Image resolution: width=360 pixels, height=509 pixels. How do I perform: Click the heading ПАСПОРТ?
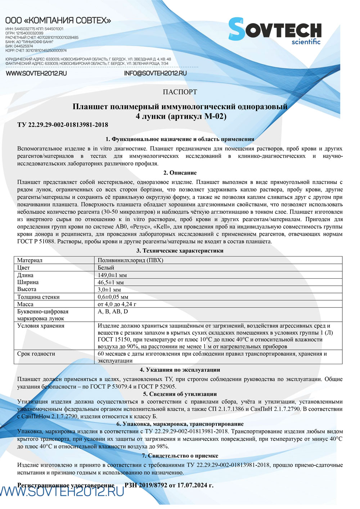click(x=180, y=92)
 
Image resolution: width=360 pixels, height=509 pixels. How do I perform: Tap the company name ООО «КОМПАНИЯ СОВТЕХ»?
click(x=58, y=21)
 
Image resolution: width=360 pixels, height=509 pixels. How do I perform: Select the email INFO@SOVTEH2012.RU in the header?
click(x=155, y=73)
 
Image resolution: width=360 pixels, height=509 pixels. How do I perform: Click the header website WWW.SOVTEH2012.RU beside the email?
click(x=36, y=73)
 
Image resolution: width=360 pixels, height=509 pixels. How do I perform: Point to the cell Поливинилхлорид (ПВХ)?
click(x=130, y=260)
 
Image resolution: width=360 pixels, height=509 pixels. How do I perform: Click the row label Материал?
click(x=30, y=260)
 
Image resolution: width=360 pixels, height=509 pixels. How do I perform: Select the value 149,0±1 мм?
click(x=112, y=275)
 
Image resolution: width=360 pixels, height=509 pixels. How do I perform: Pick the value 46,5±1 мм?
click(x=111, y=282)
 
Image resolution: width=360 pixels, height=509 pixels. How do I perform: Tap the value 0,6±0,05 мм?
click(x=113, y=297)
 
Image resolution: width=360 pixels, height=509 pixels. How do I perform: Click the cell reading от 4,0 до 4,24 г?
click(x=117, y=304)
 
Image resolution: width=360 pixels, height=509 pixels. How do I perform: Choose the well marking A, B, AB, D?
click(x=113, y=311)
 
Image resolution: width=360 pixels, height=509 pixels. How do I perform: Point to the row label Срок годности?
click(x=36, y=354)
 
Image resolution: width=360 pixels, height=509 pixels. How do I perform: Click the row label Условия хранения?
click(x=41, y=326)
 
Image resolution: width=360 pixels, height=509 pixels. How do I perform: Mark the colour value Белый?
click(x=106, y=267)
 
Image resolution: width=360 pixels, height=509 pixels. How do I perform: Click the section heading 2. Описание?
click(x=180, y=173)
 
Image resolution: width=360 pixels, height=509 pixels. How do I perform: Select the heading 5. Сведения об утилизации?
click(x=180, y=394)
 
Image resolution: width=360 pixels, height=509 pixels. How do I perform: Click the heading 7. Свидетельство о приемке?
click(x=180, y=456)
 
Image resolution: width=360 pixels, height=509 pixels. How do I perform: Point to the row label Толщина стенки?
click(x=39, y=297)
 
